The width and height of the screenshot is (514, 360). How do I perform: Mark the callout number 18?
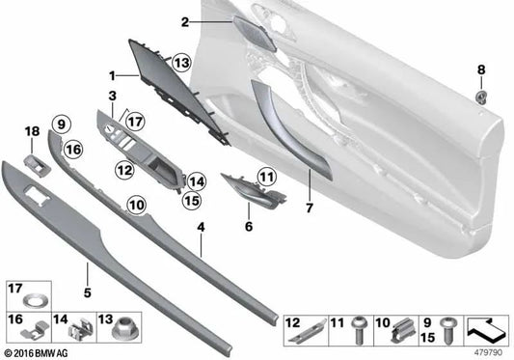pos(30,131)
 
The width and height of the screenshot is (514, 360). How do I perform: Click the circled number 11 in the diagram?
pos(266,175)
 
